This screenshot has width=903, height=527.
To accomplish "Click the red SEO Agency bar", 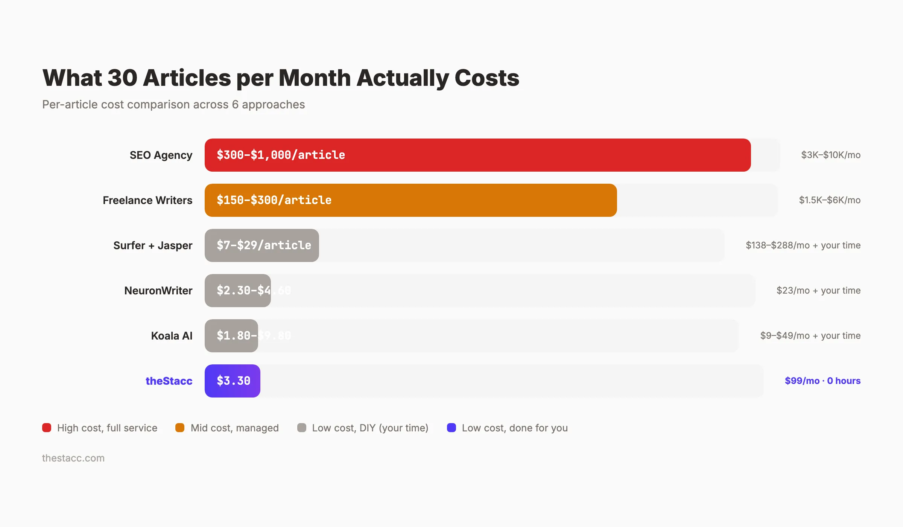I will tap(478, 155).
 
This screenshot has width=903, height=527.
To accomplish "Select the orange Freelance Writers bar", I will tap(410, 200).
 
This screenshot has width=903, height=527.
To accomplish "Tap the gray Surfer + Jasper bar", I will tap(262, 245).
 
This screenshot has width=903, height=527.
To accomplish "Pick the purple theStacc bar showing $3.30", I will tap(233, 381).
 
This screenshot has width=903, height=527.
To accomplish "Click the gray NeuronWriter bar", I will tap(238, 291).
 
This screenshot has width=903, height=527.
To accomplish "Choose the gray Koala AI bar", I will tap(231, 336).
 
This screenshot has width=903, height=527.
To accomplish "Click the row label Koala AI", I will tap(172, 336).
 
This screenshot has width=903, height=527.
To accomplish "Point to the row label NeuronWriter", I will tap(158, 291).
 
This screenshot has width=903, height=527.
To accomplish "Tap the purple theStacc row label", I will tap(169, 381).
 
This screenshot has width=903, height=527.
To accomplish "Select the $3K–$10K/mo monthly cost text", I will tap(831, 155).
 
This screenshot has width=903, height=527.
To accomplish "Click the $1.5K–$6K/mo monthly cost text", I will tap(830, 200).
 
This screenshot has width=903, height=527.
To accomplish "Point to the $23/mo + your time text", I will tap(818, 291).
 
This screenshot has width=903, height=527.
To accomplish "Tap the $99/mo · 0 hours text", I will tap(822, 381).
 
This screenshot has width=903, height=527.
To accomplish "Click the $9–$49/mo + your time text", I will tap(810, 336).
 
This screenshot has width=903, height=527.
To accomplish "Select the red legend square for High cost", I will tap(47, 428).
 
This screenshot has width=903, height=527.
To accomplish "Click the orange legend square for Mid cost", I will tap(180, 428).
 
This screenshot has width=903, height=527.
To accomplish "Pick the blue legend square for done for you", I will tap(451, 428).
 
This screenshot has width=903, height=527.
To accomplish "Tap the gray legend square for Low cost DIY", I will tap(301, 428).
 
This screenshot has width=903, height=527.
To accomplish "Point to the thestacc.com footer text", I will tap(73, 458).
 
